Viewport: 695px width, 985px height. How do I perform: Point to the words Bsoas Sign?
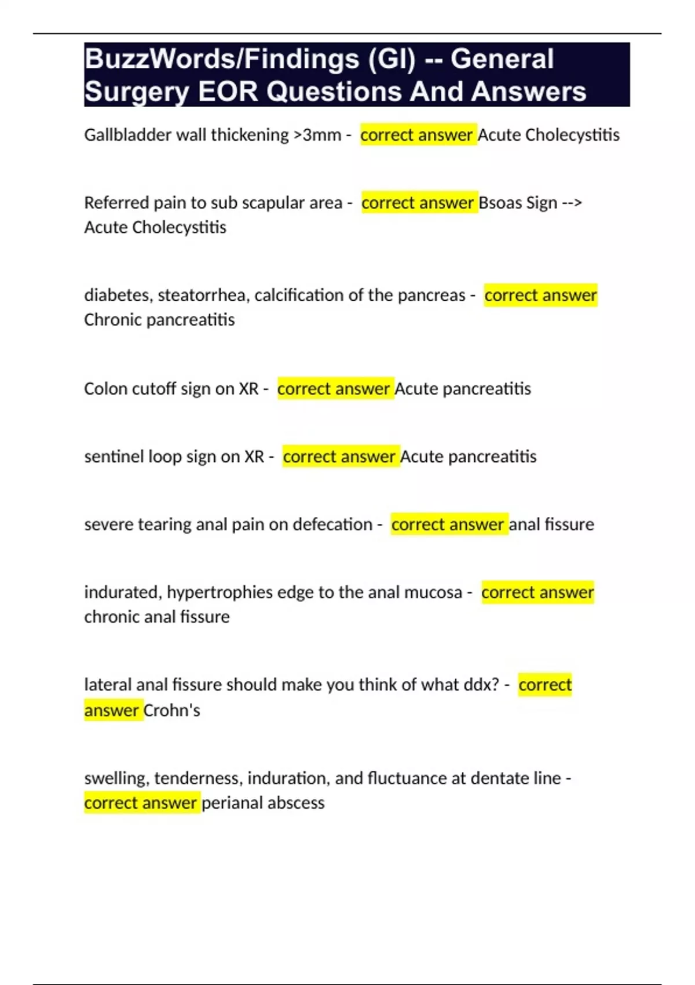point(518,203)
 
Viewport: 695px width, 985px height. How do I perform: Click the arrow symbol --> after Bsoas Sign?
point(572,203)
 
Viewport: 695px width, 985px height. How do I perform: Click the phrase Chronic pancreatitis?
point(159,320)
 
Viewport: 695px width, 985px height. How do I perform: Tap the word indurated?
point(122,592)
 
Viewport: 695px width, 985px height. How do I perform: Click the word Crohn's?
point(171,710)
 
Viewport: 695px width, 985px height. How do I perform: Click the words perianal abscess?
point(263,803)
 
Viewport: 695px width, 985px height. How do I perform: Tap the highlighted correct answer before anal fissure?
point(448,524)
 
